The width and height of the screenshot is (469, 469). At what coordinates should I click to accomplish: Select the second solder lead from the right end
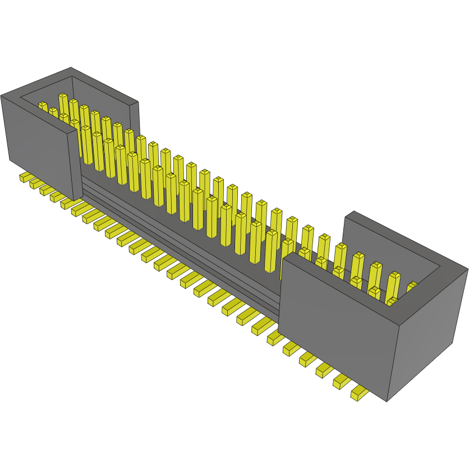coord(342,381)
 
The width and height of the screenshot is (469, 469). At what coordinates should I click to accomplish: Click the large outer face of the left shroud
coord(36,140)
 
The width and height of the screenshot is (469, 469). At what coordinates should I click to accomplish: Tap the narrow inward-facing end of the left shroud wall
coord(76,160)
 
